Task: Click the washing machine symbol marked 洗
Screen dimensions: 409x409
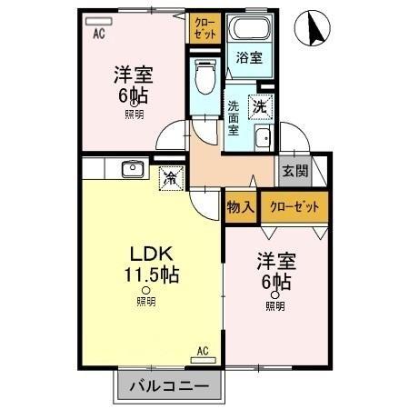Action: pos(260,105)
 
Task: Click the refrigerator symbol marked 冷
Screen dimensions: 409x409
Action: pos(169,177)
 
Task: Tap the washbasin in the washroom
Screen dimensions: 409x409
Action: pos(263,139)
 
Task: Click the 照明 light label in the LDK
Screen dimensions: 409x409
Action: pos(145,300)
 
